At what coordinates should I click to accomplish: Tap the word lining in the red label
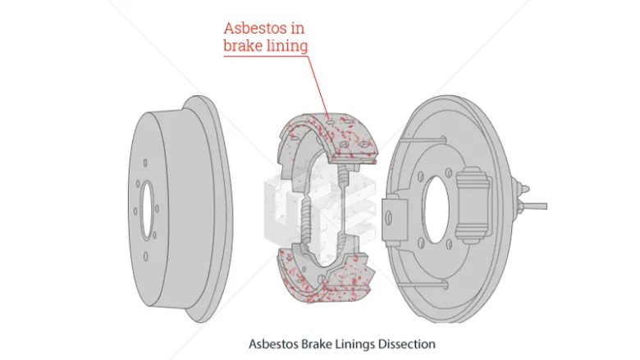point(287,46)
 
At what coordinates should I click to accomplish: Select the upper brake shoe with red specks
point(324,139)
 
